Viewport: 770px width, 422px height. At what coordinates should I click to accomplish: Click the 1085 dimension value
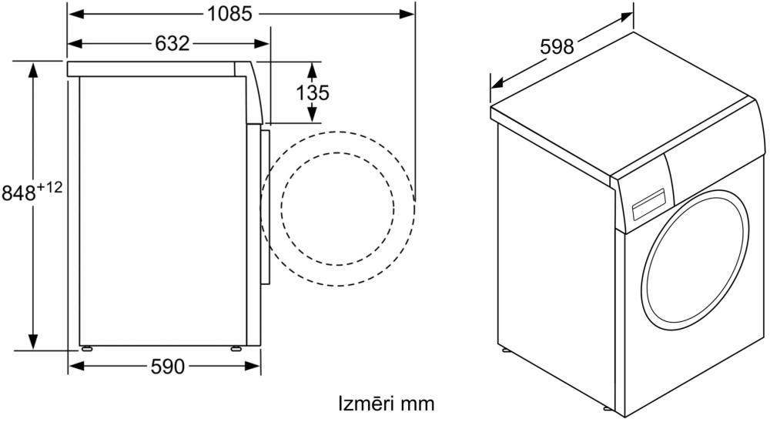coord(229,14)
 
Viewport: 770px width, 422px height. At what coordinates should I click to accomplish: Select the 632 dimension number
coord(172,44)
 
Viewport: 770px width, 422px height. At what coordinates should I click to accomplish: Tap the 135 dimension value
coord(313,92)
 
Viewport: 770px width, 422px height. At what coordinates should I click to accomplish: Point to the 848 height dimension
coord(18,193)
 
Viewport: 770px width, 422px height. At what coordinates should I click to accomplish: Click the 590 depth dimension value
coord(168,367)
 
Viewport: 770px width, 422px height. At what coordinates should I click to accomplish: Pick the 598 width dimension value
coord(557,47)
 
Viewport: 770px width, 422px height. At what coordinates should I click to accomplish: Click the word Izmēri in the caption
coord(366,404)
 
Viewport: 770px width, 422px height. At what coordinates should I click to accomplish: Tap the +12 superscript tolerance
coord(49,187)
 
